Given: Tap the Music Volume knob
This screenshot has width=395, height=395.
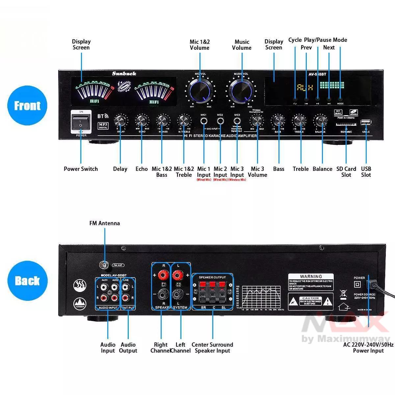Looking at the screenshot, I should pos(242,89).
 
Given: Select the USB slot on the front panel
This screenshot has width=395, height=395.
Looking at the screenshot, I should pos(366,122).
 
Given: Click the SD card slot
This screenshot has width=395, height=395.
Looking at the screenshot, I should pos(346,125).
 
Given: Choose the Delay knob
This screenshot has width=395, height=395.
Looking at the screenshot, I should pos(120,121).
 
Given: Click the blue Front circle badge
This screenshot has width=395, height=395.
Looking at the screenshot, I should pos(27,106).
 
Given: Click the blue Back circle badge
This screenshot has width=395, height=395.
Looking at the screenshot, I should pos(27,281).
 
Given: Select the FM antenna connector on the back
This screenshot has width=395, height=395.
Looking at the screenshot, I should pos(105,264).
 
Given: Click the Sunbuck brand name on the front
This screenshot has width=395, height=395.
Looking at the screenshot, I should pos(124,74).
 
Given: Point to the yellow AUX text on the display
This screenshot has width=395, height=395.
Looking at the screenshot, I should pos(305,88).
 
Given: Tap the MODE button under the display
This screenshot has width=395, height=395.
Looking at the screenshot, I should pos(340,99).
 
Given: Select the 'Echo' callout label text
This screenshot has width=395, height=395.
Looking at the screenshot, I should pos(142,169).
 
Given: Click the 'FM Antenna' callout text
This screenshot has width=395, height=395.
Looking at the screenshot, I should pos(105,223).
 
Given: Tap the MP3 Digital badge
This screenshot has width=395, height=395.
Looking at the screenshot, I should pos(103,125).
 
